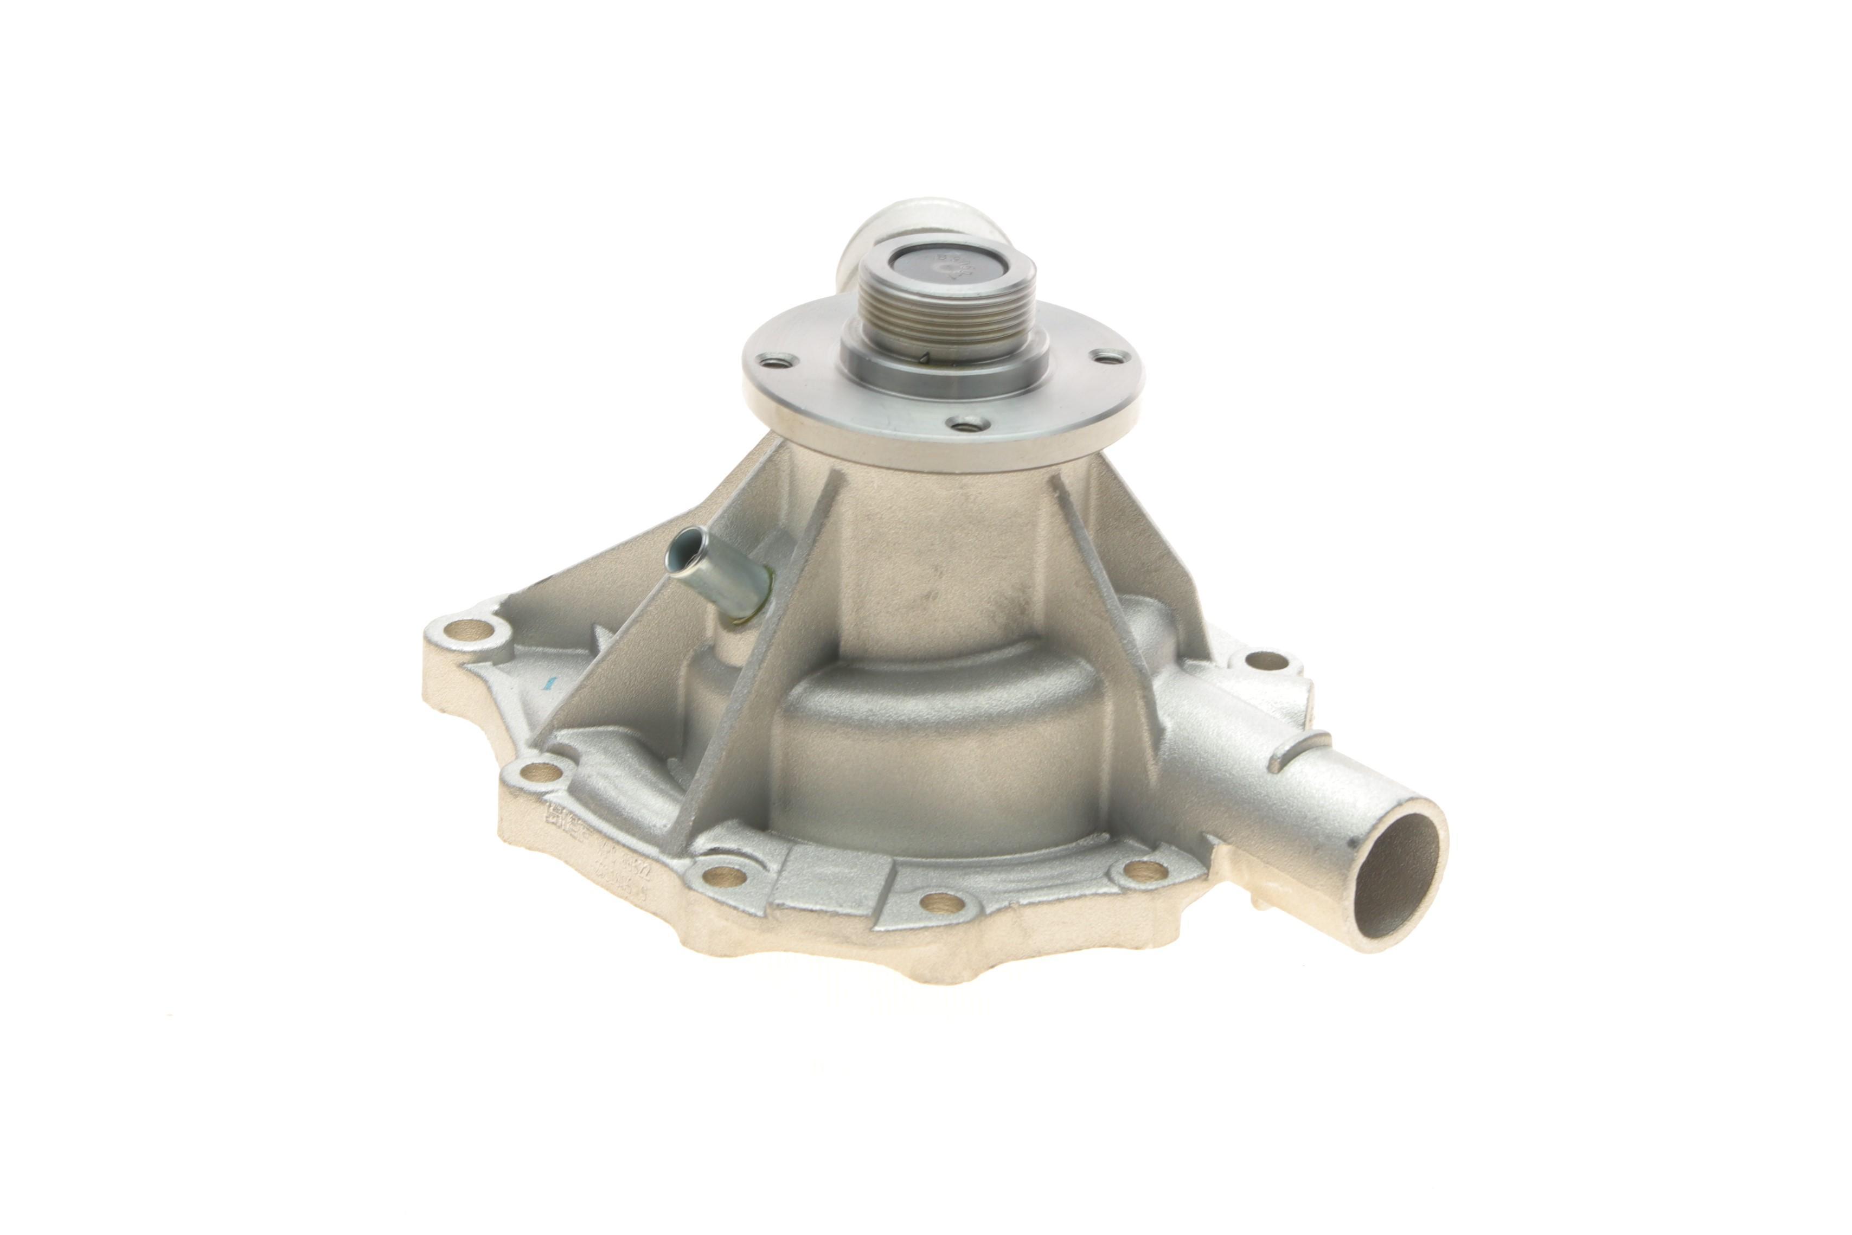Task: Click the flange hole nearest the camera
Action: pyautogui.click(x=967, y=425)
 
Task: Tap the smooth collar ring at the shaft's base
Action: pyautogui.click(x=945, y=378)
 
